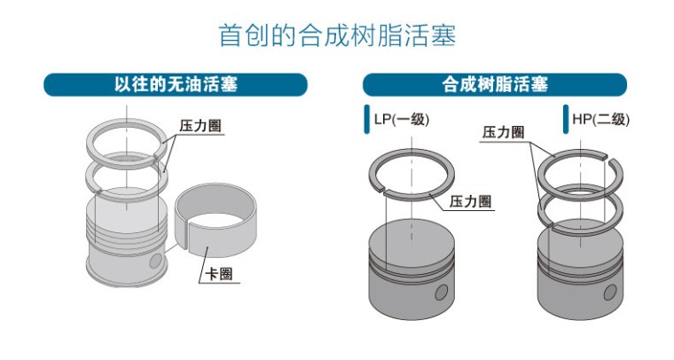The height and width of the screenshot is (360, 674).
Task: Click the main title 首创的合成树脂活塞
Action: click(x=337, y=36)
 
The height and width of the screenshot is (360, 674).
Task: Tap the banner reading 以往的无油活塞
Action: click(x=176, y=85)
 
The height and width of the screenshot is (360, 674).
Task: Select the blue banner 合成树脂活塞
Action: click(x=494, y=85)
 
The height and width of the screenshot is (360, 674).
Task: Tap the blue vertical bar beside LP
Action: click(x=365, y=120)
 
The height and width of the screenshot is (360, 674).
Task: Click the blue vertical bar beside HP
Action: click(x=565, y=120)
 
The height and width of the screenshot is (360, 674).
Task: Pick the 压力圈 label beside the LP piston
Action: click(x=470, y=201)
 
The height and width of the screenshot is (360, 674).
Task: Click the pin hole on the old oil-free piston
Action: click(x=157, y=262)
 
